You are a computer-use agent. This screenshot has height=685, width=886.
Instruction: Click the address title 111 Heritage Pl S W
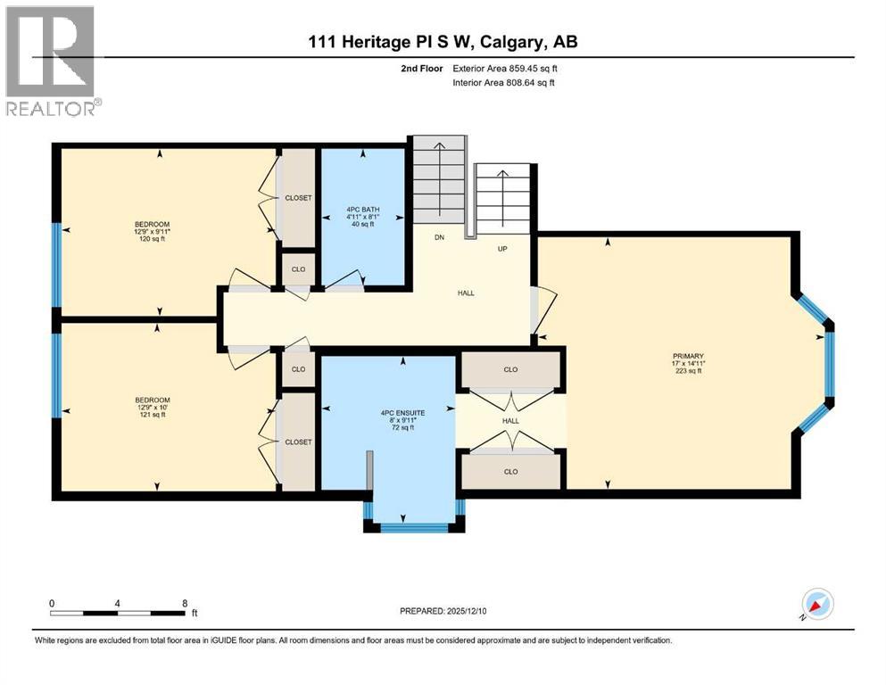point(443,43)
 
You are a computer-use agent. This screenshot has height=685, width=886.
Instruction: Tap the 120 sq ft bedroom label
point(152,232)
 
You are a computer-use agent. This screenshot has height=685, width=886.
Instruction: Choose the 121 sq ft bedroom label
point(152,409)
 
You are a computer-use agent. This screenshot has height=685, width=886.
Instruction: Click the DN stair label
point(439,238)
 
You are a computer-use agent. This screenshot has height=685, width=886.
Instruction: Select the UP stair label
point(502,248)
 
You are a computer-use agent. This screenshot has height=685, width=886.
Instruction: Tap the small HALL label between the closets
point(510,420)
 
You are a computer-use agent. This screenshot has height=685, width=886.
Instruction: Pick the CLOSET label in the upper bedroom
point(298,197)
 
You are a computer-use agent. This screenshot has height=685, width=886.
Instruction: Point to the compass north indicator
point(816,605)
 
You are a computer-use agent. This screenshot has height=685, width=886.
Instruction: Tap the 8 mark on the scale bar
point(184,602)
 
